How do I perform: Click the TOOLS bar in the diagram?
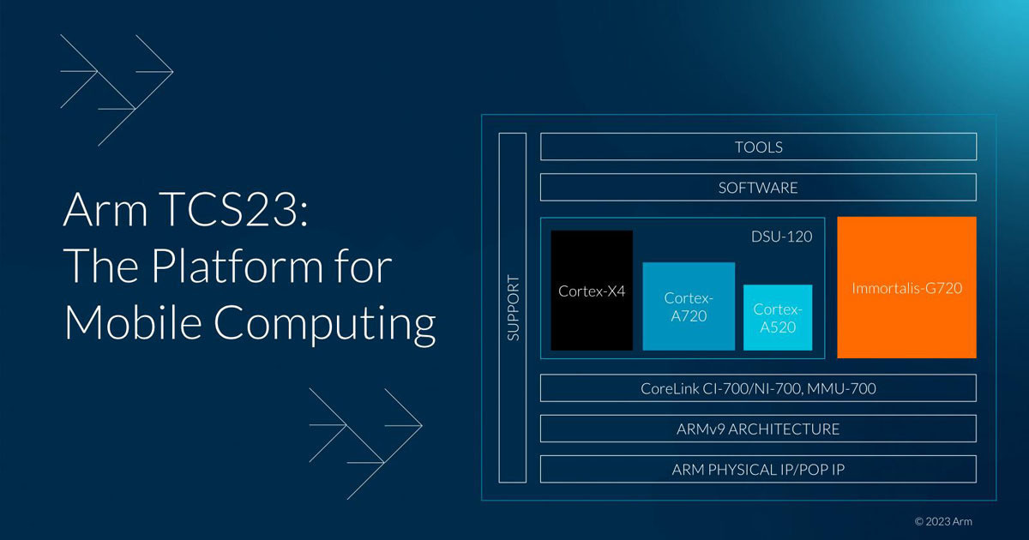point(758,147)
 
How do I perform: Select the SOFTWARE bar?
point(758,187)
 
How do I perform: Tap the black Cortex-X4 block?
point(592,291)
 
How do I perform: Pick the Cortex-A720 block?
point(689,306)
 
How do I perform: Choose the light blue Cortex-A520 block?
point(778,317)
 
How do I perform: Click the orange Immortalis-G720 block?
point(906,288)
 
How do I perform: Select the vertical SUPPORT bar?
point(513,308)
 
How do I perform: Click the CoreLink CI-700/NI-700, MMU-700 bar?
point(758,388)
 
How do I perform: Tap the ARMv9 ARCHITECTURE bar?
point(758,429)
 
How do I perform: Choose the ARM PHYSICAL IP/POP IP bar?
point(758,469)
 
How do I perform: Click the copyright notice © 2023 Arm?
point(943,521)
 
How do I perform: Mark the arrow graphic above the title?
point(117,89)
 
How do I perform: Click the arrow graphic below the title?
point(365,442)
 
